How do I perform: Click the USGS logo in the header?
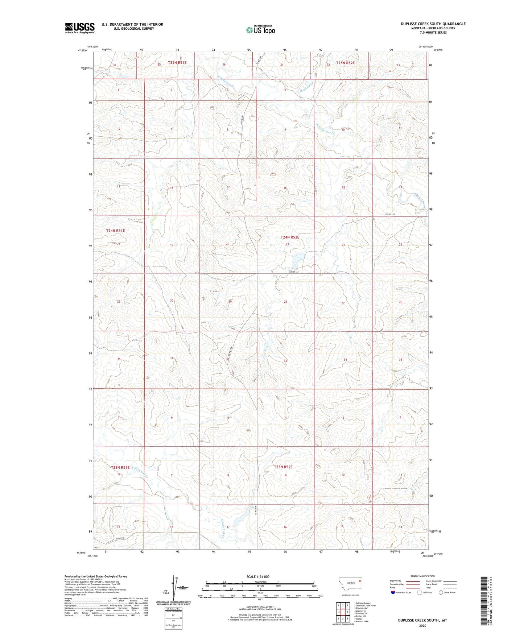[x=80, y=28]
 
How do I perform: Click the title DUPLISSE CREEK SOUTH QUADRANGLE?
[x=433, y=24]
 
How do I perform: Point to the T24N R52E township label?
[x=290, y=237]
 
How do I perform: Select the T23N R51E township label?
[x=120, y=468]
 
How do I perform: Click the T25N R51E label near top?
[x=177, y=63]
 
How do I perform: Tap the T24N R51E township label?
[x=115, y=231]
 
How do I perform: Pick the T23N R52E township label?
[x=283, y=467]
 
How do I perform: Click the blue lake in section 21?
[x=298, y=258]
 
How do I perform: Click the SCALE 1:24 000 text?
[x=258, y=577]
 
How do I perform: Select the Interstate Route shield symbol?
[x=393, y=592]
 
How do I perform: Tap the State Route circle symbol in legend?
[x=441, y=592]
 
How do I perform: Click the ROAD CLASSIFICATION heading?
[x=422, y=576]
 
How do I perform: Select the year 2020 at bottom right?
[x=422, y=625]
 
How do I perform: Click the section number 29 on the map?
[x=230, y=301]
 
